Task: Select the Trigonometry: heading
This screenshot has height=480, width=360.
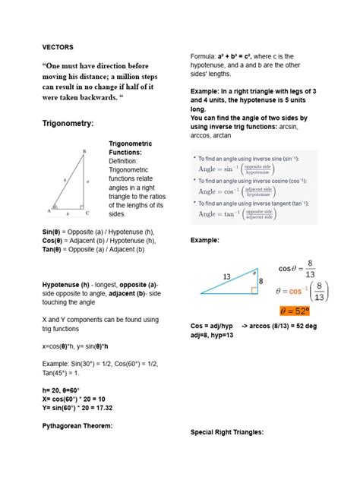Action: (x=69, y=124)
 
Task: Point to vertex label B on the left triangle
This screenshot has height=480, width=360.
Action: (x=84, y=151)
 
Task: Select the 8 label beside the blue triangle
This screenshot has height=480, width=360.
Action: (x=261, y=281)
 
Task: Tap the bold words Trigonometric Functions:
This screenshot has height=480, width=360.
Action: (x=131, y=147)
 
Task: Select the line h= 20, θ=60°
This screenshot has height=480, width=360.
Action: (x=66, y=389)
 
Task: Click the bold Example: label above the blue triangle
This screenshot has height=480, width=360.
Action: (x=204, y=241)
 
